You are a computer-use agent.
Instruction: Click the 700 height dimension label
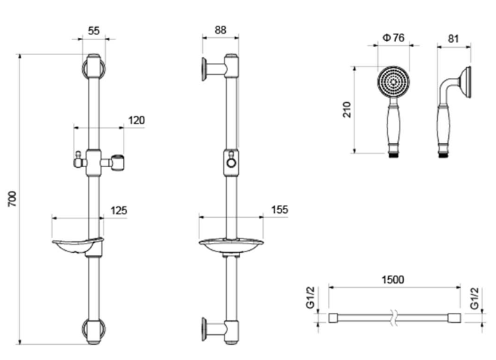tap(12, 199)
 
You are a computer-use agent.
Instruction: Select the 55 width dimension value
tap(94, 31)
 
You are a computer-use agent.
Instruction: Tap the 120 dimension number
tap(137, 121)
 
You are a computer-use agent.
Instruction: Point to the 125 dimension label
tap(119, 211)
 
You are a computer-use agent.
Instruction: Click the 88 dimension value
tap(220, 30)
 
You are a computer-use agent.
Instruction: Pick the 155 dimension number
tap(279, 210)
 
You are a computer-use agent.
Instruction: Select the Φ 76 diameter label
tap(394, 38)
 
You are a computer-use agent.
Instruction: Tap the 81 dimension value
tap(453, 39)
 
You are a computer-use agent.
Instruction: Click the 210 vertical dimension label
tap(347, 110)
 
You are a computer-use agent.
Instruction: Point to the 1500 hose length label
tap(392, 280)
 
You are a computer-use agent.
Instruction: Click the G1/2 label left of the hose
tap(310, 297)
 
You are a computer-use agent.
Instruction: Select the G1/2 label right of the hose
tap(474, 298)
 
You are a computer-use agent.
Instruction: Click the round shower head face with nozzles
tap(393, 82)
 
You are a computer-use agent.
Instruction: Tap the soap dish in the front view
tap(78, 246)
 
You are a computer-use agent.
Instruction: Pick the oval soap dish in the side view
tap(231, 244)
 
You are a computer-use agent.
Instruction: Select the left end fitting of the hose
tap(334, 318)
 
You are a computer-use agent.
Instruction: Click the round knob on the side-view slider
tap(232, 164)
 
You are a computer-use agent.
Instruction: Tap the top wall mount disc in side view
tap(204, 69)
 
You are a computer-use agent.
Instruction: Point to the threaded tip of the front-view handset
tap(393, 155)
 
